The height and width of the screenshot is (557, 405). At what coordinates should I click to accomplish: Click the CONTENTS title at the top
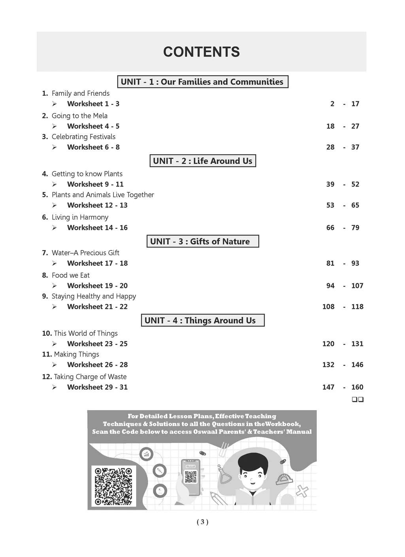click(x=201, y=52)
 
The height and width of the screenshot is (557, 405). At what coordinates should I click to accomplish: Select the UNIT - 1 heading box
click(x=202, y=82)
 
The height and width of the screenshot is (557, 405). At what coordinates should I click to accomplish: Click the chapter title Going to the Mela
click(x=79, y=116)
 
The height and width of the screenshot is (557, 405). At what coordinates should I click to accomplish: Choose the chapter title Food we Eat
click(x=71, y=275)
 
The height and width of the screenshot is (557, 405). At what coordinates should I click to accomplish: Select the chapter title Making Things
click(x=76, y=354)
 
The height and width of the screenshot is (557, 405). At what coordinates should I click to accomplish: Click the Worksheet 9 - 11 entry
click(x=95, y=184)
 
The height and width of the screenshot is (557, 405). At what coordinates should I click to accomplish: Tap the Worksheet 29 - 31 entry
click(x=97, y=387)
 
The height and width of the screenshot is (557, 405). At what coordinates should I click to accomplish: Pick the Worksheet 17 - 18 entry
click(x=97, y=263)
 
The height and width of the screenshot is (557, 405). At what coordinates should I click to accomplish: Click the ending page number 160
click(x=357, y=387)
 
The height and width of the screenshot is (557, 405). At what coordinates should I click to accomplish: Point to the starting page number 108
click(x=328, y=307)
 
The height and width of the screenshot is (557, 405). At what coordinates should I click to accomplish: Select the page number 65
click(x=355, y=205)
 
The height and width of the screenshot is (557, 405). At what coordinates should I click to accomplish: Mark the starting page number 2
click(x=332, y=104)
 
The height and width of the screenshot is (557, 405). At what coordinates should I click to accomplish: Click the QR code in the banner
click(x=114, y=486)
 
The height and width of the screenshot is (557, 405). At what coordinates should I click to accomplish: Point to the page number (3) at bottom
click(x=202, y=522)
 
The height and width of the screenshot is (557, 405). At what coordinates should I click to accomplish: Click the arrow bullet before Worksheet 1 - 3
click(x=54, y=104)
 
